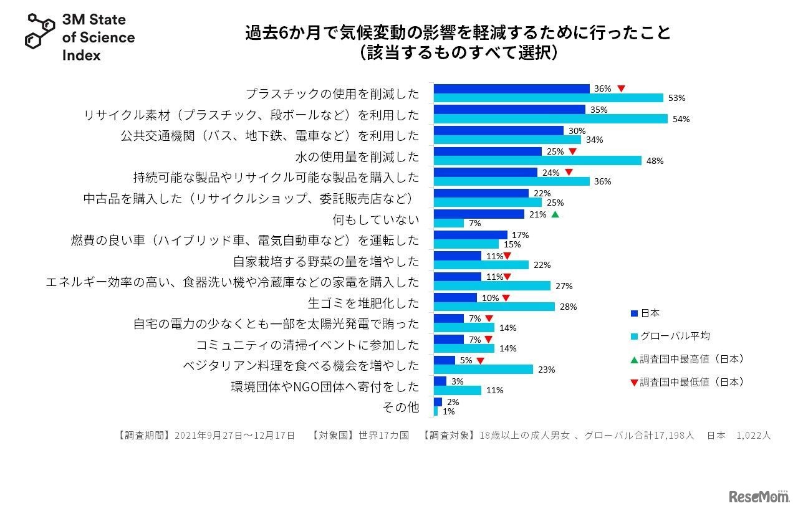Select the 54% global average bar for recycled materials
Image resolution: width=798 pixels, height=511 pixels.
550,118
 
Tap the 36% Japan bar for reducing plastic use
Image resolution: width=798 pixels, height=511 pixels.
511,88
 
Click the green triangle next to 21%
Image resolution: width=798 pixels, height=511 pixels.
555,214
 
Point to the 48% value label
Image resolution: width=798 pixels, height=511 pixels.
655,161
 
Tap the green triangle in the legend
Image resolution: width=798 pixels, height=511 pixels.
634,360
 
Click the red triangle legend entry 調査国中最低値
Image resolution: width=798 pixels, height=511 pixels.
686,382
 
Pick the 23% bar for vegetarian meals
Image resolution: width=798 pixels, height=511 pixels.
483,369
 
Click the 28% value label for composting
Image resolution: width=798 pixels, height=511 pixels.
568,307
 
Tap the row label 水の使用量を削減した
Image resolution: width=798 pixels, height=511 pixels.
357,156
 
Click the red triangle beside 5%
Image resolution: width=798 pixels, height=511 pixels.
480,360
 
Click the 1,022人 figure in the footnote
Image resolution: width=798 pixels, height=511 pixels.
754,436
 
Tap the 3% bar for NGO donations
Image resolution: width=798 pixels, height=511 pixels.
440,381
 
